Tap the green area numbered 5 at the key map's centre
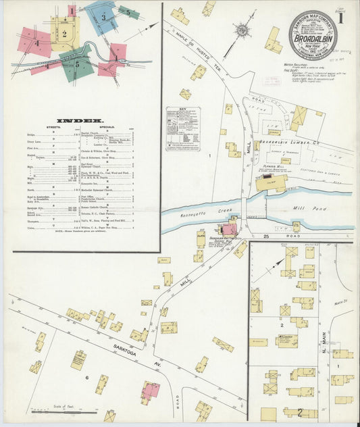[x=76, y=64]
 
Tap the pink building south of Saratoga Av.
[x=150, y=391]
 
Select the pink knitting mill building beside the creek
[x=230, y=229]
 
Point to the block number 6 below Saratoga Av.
[x=86, y=376]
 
